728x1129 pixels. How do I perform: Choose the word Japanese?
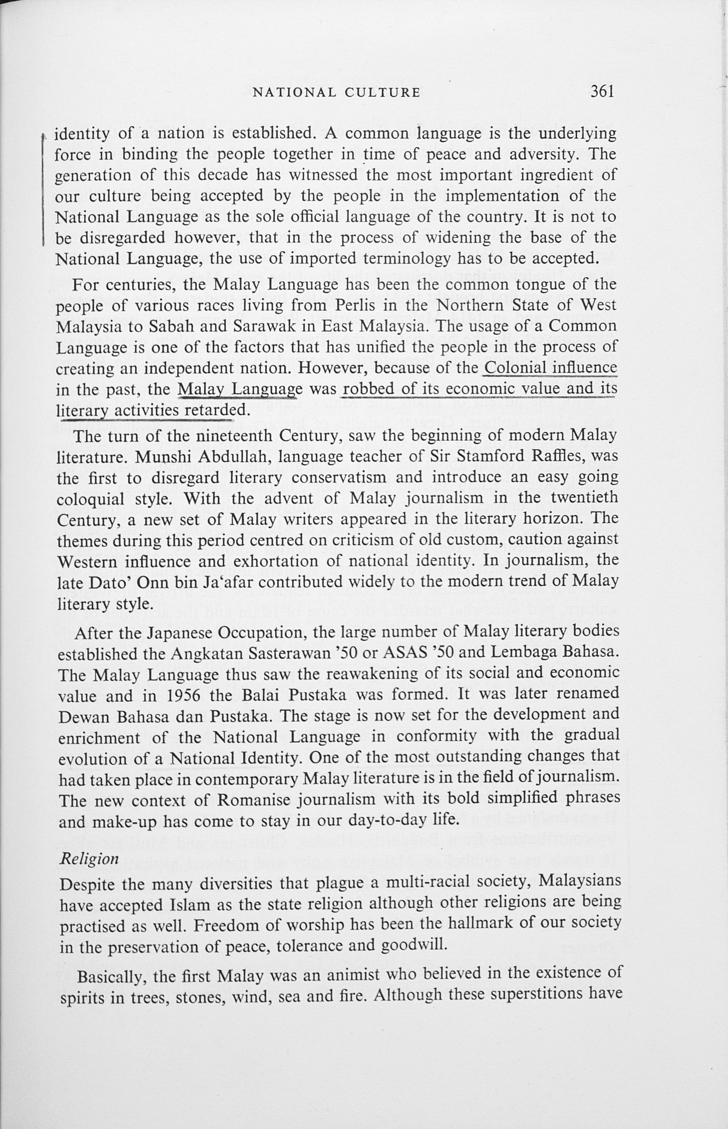click(x=185, y=632)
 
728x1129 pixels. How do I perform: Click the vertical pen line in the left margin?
click(x=44, y=189)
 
